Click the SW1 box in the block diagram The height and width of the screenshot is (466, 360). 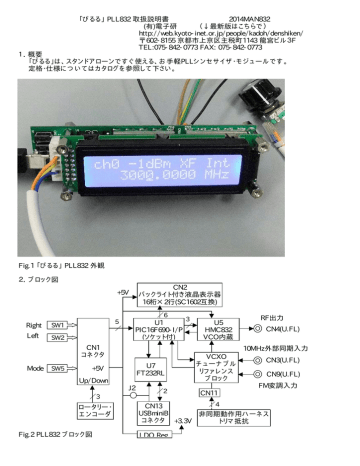click(x=58, y=325)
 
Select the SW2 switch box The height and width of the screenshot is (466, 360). click(x=58, y=338)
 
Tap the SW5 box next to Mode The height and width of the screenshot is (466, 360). click(x=58, y=368)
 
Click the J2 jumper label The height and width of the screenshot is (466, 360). click(x=131, y=387)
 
